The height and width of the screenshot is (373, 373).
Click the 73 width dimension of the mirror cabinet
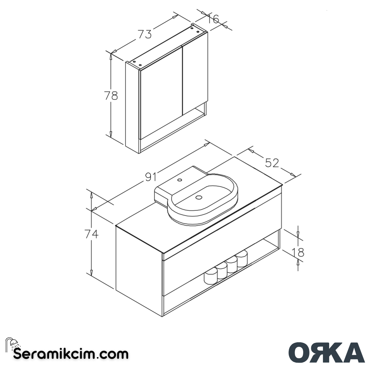(145, 34)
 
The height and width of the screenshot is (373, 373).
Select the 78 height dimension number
(111, 95)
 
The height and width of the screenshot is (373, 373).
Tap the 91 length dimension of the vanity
(151, 177)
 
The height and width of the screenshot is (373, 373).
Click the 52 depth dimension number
(272, 162)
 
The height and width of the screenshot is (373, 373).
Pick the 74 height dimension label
(92, 234)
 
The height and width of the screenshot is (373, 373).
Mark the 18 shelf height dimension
(298, 252)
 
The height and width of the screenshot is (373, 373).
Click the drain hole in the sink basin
(199, 197)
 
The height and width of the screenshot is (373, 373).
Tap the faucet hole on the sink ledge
(180, 180)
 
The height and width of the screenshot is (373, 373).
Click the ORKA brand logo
(326, 352)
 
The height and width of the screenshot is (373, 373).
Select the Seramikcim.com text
(71, 354)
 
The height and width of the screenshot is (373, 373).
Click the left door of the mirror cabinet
(161, 93)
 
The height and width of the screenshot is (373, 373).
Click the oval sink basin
(204, 200)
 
